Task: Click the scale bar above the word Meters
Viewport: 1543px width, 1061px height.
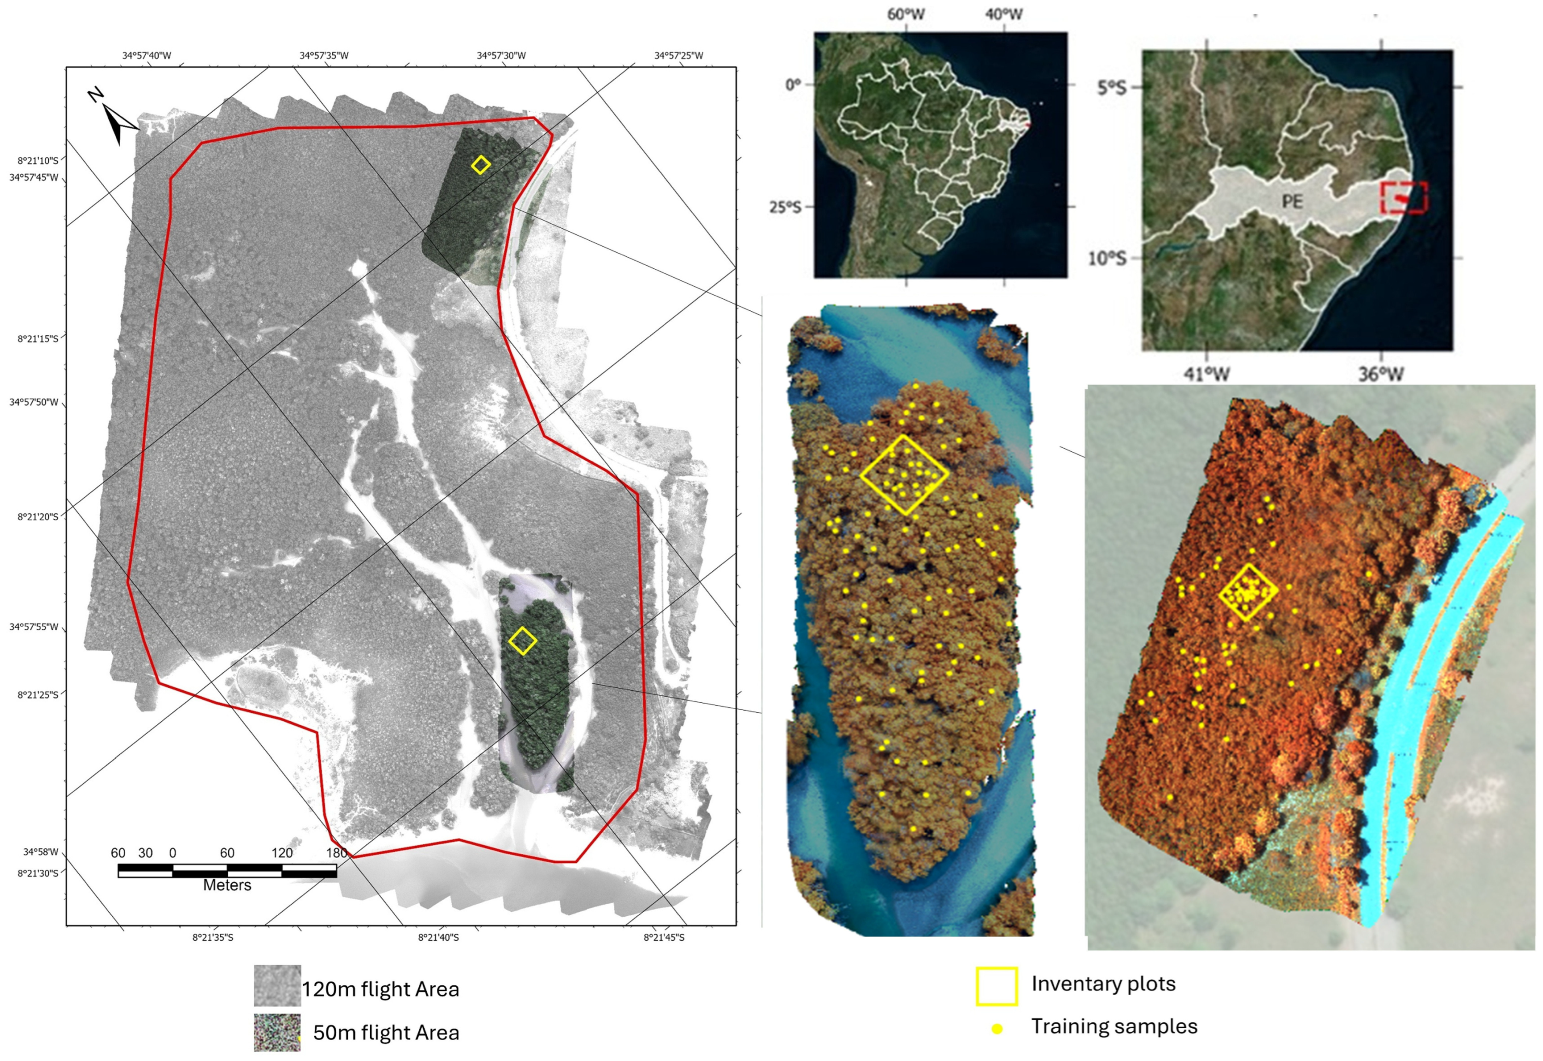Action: [227, 871]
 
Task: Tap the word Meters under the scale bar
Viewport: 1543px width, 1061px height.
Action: [227, 885]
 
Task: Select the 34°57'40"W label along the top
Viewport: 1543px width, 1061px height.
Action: [146, 55]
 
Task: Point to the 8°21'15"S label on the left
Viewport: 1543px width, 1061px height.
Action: [38, 338]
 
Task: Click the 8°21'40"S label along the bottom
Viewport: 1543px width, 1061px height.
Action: [438, 937]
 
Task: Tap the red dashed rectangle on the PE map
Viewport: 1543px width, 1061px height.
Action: [1403, 197]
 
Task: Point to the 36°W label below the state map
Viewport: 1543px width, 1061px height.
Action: [1381, 374]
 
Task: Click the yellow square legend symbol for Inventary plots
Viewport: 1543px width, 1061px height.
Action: [996, 986]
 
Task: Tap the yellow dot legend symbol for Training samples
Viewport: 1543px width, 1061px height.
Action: [996, 1028]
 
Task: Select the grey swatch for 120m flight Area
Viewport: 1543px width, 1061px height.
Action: [277, 986]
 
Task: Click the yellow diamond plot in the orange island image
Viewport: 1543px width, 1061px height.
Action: [904, 474]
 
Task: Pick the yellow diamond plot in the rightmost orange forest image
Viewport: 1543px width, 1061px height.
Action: [1248, 593]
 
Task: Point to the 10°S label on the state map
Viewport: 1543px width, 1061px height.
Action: [1107, 258]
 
